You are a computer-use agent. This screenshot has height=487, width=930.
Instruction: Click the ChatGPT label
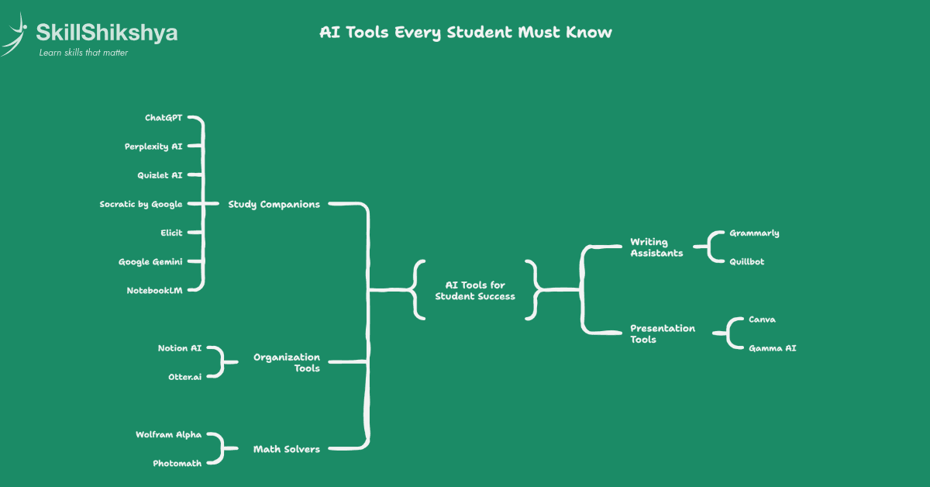[164, 118]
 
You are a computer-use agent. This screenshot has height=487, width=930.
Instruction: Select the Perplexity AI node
[153, 146]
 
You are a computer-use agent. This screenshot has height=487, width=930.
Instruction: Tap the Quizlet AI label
[160, 175]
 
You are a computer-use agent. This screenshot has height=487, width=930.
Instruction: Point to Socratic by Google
[141, 204]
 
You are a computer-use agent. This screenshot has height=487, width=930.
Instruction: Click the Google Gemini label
[150, 261]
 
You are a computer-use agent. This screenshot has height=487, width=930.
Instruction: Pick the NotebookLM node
[154, 290]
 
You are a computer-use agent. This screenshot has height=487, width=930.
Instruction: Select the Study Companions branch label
[274, 204]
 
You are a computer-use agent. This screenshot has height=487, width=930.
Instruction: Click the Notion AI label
[179, 348]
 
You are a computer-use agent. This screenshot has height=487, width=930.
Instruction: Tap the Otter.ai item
[184, 376]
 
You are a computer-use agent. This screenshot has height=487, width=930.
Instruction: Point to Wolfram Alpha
[168, 434]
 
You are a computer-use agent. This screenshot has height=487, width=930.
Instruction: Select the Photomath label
[177, 463]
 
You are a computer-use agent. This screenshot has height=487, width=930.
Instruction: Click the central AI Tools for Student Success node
[475, 291]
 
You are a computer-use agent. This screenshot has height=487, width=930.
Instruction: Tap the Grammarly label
[754, 233]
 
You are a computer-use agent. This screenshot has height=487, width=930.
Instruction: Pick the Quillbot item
[746, 261]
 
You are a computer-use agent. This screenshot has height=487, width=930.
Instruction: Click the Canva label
[762, 319]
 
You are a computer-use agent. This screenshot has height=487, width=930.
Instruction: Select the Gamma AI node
[772, 348]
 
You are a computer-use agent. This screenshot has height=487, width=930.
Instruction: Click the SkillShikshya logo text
[107, 33]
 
